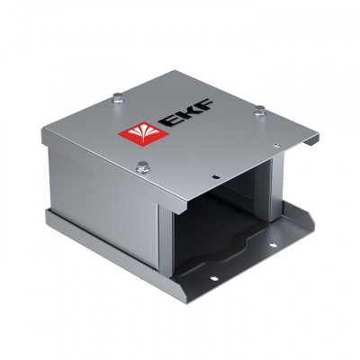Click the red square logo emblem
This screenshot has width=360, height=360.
(x=133, y=136)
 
